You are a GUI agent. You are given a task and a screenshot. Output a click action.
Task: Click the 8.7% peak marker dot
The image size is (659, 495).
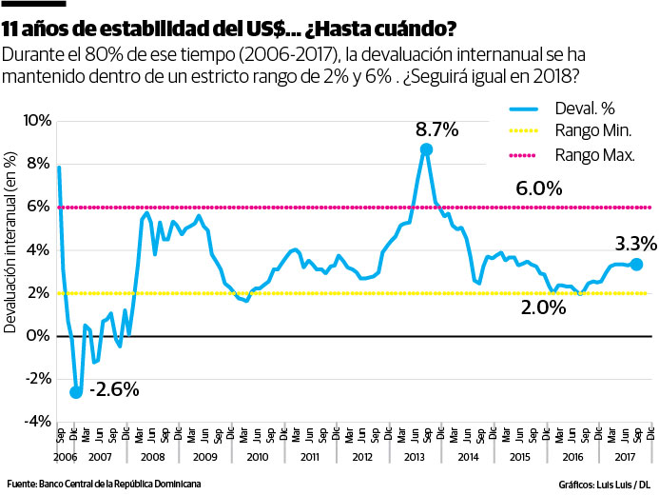tap(426, 149)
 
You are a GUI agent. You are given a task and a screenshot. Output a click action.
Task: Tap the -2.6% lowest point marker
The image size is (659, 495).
tap(76, 391)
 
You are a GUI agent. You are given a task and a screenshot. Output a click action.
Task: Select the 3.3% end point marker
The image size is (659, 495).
tap(636, 264)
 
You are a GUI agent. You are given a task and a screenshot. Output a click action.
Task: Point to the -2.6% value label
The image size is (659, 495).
tap(114, 389)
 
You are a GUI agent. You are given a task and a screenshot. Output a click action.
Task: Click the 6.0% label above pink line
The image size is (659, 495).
tap(539, 188)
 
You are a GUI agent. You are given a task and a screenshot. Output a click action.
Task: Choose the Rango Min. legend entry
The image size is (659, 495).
tap(594, 131)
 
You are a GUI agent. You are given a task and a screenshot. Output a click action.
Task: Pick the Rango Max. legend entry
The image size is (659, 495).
tap(595, 153)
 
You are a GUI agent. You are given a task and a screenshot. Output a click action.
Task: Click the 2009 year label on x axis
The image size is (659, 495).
tap(204, 457)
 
